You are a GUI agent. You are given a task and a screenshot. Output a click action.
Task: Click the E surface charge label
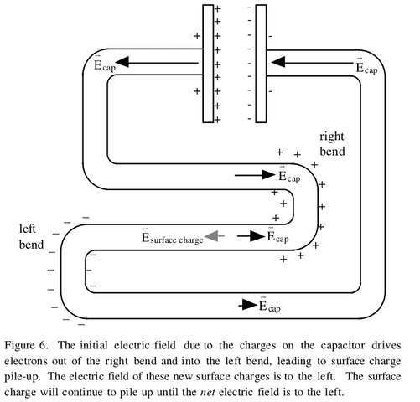tap(172, 239)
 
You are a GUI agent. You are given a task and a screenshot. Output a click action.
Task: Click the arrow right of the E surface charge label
tap(251, 237)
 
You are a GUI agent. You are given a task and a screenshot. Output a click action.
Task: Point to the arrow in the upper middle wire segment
tap(256, 175)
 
